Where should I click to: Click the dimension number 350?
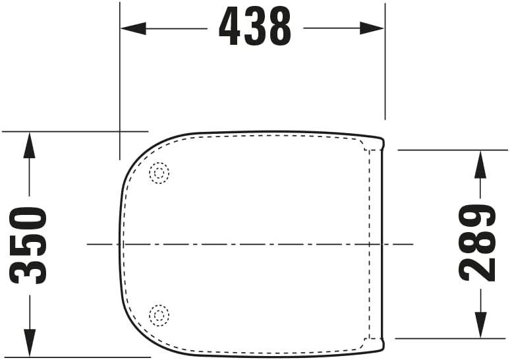(30, 245)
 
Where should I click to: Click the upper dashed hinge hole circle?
(159, 173)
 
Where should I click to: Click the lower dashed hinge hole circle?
(159, 315)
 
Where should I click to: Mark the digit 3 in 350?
(30, 270)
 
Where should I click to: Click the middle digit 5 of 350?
(30, 245)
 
